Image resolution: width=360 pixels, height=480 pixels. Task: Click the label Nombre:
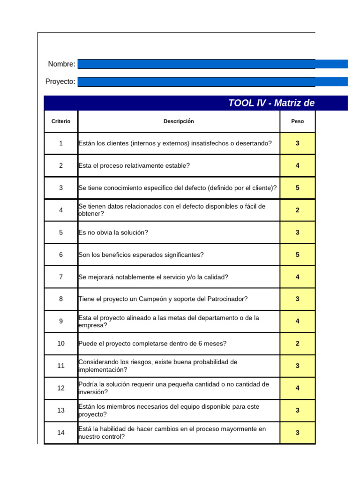pyautogui.click(x=61, y=64)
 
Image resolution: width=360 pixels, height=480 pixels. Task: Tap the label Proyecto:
pyautogui.click(x=60, y=82)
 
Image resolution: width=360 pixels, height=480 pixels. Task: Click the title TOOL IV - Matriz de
pyautogui.click(x=271, y=103)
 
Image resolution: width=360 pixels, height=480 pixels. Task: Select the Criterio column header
pyautogui.click(x=61, y=121)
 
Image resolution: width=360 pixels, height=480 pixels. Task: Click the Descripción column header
pyautogui.click(x=179, y=121)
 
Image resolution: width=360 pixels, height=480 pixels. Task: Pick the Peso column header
pyautogui.click(x=297, y=121)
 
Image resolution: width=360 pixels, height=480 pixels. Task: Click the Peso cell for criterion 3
pyautogui.click(x=297, y=188)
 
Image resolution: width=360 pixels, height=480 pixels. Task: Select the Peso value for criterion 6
pyautogui.click(x=297, y=255)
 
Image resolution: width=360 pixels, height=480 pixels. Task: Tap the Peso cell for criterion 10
pyautogui.click(x=297, y=344)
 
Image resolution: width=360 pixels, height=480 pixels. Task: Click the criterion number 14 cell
pyautogui.click(x=61, y=433)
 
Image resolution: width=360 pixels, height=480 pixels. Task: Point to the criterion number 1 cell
pyautogui.click(x=61, y=143)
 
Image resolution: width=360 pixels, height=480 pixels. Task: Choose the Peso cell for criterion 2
pyautogui.click(x=297, y=165)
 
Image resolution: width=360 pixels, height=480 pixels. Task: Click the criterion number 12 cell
pyautogui.click(x=61, y=388)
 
